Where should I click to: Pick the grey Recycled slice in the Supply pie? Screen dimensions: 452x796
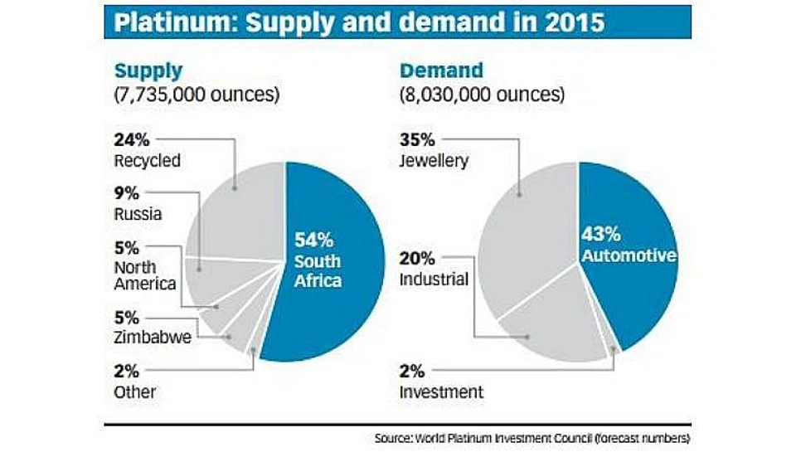click(240, 207)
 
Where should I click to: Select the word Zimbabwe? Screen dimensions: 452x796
click(147, 338)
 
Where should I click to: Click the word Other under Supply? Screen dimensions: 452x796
click(133, 391)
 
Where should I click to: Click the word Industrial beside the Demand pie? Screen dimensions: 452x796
click(433, 279)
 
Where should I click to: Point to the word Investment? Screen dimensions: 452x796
click(441, 391)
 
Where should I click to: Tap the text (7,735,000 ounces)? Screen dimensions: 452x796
click(196, 95)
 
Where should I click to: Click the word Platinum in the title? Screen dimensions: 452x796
click(163, 23)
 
